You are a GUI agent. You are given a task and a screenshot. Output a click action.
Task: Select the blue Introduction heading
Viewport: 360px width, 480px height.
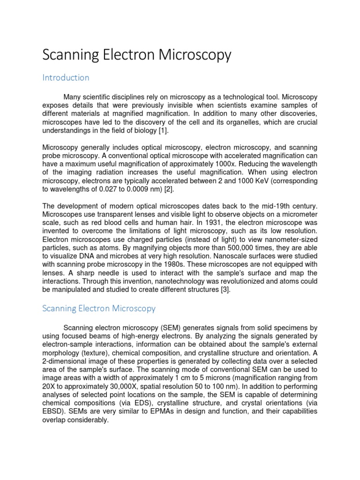click(x=66, y=77)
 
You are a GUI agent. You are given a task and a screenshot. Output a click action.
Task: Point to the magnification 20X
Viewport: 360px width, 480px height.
click(x=49, y=386)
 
